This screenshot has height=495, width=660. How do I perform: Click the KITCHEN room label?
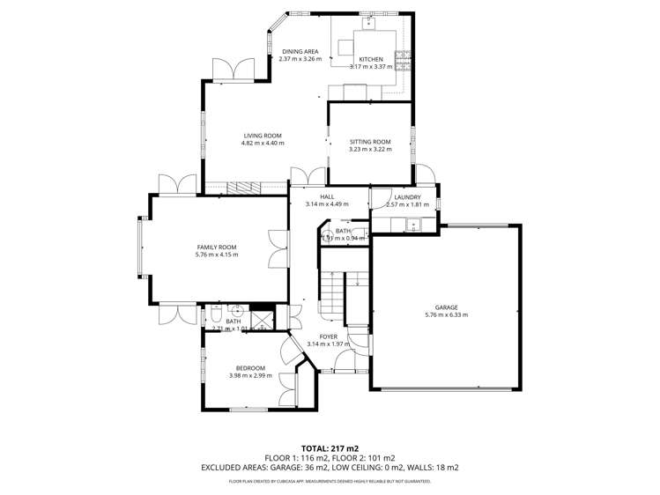(x=370, y=59)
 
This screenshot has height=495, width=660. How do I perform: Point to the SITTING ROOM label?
(x=370, y=142)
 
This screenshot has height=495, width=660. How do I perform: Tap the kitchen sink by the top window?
(x=371, y=21)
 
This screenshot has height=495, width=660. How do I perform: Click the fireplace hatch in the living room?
(x=243, y=188)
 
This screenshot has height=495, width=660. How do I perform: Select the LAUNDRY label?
(x=407, y=197)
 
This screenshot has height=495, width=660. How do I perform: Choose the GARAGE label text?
(x=446, y=307)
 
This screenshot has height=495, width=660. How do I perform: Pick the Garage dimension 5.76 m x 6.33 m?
(x=446, y=314)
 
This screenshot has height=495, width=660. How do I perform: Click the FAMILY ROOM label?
(x=217, y=247)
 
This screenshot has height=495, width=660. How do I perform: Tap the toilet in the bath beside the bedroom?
(x=215, y=315)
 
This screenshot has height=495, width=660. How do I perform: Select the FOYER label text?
(x=329, y=336)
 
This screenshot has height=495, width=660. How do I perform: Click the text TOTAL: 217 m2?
(x=330, y=448)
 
